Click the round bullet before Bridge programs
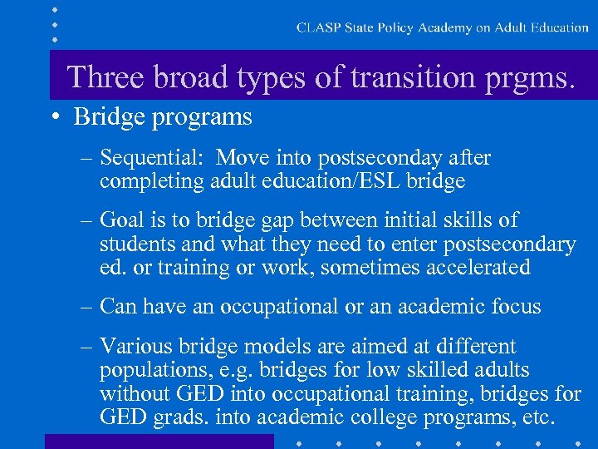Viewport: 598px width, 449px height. point(54,117)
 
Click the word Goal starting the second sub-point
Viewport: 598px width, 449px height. point(122,220)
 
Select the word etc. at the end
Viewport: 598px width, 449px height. point(532,417)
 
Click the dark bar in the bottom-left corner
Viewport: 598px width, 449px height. point(159,441)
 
